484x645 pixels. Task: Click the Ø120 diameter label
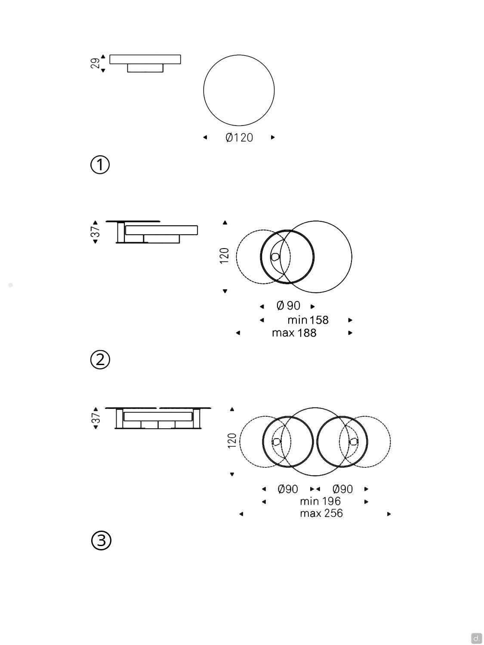tap(239, 138)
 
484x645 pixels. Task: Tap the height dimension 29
tap(95, 63)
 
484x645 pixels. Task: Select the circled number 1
tap(100, 165)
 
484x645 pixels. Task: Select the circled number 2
tap(100, 359)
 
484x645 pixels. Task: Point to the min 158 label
tap(308, 320)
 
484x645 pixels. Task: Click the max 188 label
tap(294, 333)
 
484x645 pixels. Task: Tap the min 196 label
tap(320, 501)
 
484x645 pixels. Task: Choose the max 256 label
tap(321, 513)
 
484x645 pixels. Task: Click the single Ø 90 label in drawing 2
tap(288, 306)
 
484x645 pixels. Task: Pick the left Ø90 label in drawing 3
tap(288, 489)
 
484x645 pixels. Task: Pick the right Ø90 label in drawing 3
tap(342, 489)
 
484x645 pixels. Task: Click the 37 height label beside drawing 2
tap(96, 231)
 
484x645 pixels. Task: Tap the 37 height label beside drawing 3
tap(96, 418)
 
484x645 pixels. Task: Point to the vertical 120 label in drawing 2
tap(224, 256)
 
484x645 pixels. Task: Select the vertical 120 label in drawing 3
tap(232, 441)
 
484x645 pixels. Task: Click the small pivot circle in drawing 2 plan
tap(275, 257)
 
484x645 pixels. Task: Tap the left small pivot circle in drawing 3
tap(277, 441)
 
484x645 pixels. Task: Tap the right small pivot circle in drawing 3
tap(354, 441)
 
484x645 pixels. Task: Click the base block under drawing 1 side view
tap(145, 68)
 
